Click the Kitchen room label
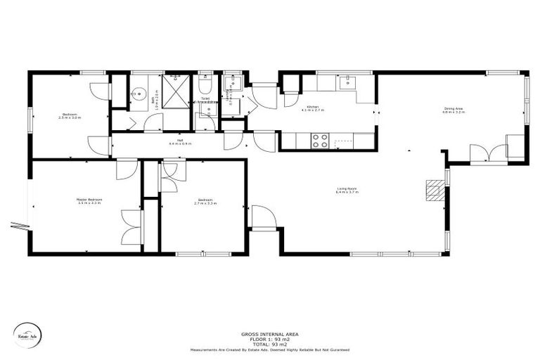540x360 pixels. (x=313, y=107)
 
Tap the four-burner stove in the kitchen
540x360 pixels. (x=321, y=141)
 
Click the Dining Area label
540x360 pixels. (x=453, y=109)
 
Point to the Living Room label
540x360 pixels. (x=347, y=188)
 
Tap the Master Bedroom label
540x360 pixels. (x=89, y=200)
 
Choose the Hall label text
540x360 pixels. (x=180, y=141)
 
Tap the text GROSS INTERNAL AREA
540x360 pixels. (x=269, y=335)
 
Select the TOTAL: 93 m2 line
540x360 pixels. (x=269, y=345)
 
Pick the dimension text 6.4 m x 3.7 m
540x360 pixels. (x=347, y=191)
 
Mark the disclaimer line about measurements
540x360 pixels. (x=269, y=349)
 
